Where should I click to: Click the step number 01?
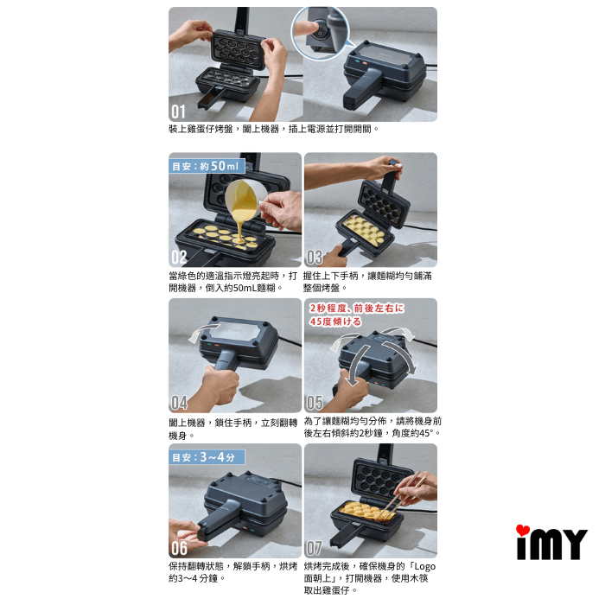pos(178,111)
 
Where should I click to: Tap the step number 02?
pos(179,258)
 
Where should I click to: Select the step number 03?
pos(315,258)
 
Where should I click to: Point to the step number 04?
pos(180,403)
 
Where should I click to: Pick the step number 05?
pos(315,403)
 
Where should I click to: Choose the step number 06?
pos(180,548)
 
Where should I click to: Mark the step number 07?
pos(315,548)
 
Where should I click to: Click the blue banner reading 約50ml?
pos(207,166)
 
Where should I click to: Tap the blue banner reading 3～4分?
pos(207,457)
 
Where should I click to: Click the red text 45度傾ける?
pos(335,322)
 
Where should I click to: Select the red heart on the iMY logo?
pos(522,530)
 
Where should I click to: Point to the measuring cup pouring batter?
pos(243,198)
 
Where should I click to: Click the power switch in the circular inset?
pos(320,34)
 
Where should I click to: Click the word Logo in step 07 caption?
pos(425,566)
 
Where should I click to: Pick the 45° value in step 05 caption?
pos(427,433)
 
